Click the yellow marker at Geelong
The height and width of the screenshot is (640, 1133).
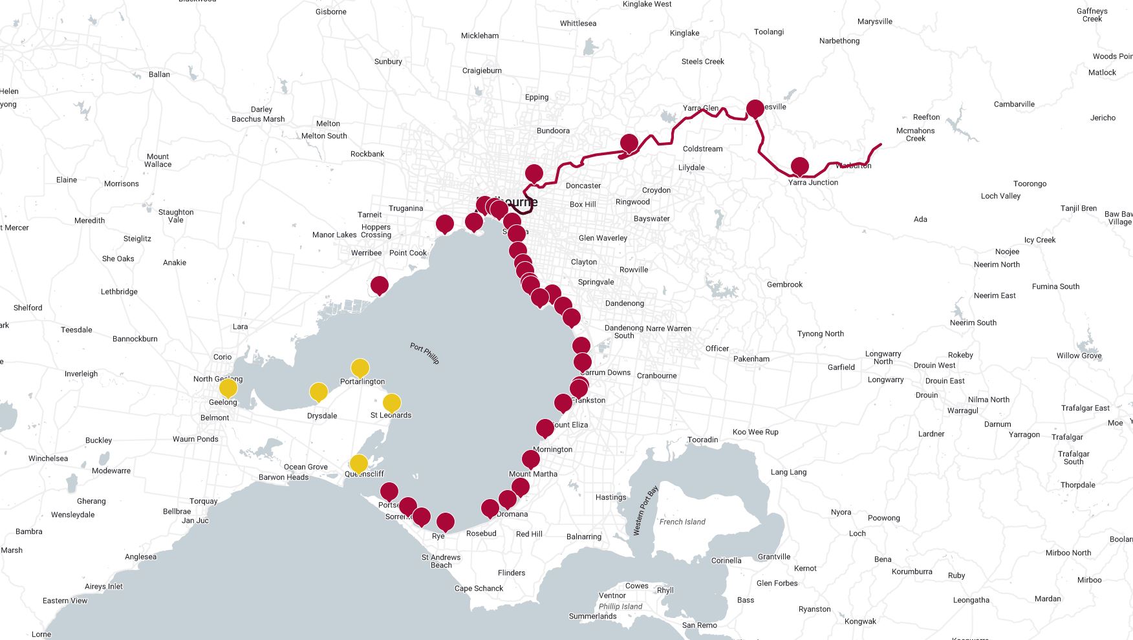click(228, 388)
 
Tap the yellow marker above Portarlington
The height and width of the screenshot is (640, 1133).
click(360, 368)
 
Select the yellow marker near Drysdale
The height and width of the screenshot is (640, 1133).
click(318, 392)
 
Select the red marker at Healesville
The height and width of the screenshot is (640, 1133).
click(755, 109)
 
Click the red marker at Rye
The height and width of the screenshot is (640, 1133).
click(445, 522)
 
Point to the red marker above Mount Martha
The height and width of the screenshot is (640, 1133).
click(531, 460)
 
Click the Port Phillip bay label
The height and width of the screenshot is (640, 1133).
click(425, 354)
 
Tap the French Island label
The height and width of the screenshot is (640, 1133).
click(682, 522)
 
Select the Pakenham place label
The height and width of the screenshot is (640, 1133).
click(751, 359)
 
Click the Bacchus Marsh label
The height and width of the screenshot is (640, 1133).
click(258, 119)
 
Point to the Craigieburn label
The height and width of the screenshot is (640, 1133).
click(482, 70)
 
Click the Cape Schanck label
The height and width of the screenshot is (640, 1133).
click(479, 588)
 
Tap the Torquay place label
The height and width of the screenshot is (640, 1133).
click(204, 501)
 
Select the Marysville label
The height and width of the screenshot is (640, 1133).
click(874, 21)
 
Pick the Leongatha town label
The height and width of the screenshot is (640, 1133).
click(971, 600)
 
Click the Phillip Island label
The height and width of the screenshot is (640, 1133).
click(620, 606)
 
